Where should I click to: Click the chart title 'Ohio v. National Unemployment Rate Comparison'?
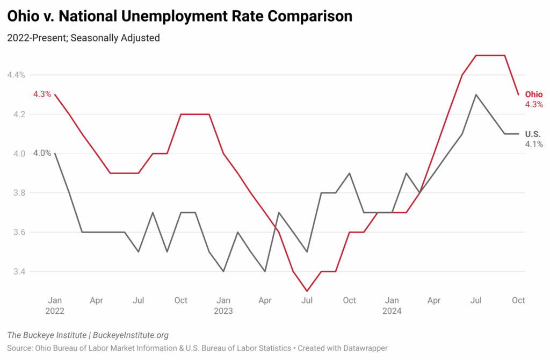click(x=179, y=17)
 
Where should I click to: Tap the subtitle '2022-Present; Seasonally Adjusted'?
click(x=83, y=39)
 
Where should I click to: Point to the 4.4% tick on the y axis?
click(x=16, y=75)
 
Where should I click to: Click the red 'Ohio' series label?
click(x=534, y=95)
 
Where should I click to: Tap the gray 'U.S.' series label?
click(x=533, y=134)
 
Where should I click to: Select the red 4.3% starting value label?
click(x=42, y=94)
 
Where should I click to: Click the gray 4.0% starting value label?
click(x=42, y=153)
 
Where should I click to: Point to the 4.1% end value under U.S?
click(x=534, y=144)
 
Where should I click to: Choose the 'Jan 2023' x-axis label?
click(x=223, y=305)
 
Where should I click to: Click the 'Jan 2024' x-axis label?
click(x=392, y=305)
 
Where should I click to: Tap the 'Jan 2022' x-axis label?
click(x=55, y=305)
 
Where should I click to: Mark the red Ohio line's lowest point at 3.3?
click(x=307, y=291)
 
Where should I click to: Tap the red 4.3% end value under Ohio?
click(x=534, y=105)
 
